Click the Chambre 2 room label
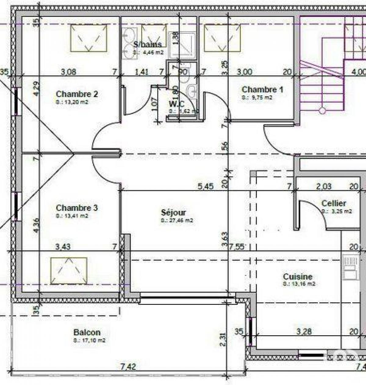click(77, 94)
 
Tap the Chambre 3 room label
click(77, 208)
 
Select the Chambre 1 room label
click(262, 90)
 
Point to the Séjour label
click(173, 212)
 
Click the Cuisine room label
click(298, 277)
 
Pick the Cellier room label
click(334, 203)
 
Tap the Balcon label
click(87, 332)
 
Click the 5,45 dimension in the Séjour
click(206, 186)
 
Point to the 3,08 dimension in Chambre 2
click(69, 72)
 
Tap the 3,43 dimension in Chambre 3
click(63, 246)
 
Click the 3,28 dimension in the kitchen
click(304, 331)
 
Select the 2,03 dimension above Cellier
click(324, 186)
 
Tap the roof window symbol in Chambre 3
click(69, 271)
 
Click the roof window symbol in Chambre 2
click(89, 38)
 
